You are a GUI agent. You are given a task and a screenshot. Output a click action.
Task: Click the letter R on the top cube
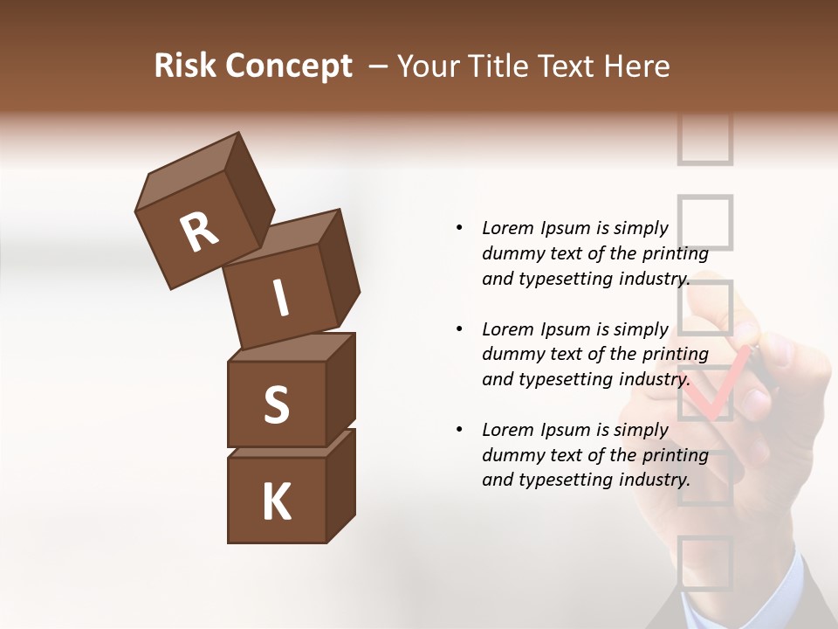coord(199,232)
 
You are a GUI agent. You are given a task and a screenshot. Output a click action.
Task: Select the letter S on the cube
coord(276,404)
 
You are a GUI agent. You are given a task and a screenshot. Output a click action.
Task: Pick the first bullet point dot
coord(459,228)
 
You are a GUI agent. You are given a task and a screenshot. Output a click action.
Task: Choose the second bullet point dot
coord(459,329)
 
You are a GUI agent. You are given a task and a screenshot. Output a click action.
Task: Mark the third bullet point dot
coord(459,430)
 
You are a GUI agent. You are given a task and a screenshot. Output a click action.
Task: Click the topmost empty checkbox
coord(704,140)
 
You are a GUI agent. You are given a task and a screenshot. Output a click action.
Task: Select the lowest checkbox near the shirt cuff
coord(704,561)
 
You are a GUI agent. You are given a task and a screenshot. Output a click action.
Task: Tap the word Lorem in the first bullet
coord(507,228)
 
